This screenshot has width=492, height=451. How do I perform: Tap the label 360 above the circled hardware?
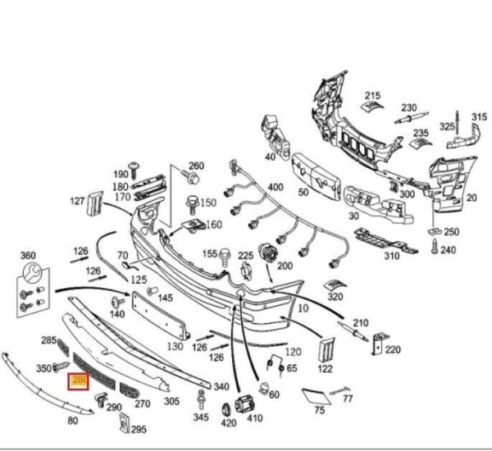pyautogui.click(x=28, y=255)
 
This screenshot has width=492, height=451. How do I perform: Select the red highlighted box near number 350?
pyautogui.click(x=80, y=381)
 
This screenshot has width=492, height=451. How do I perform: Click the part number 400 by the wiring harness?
pyautogui.click(x=275, y=188)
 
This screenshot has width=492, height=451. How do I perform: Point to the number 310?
pyautogui.click(x=391, y=255)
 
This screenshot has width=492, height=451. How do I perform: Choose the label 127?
pyautogui.click(x=99, y=201)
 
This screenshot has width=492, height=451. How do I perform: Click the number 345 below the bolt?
pyautogui.click(x=200, y=418)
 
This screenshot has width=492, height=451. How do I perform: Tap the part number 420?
pyautogui.click(x=228, y=424)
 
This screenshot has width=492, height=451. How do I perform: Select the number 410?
pyautogui.click(x=255, y=417)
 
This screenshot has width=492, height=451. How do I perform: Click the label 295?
pyautogui.click(x=139, y=429)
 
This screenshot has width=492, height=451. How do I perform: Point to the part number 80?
pyautogui.click(x=72, y=421)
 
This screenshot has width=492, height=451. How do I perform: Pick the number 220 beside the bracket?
pyautogui.click(x=394, y=350)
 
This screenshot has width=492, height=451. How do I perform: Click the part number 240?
pyautogui.click(x=448, y=249)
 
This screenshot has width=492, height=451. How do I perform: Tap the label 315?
pyautogui.click(x=478, y=117)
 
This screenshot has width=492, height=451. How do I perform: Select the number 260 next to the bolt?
pyautogui.click(x=197, y=166)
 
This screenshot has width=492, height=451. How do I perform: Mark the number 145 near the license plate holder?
pyautogui.click(x=165, y=298)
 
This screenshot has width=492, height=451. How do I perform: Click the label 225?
pyautogui.click(x=246, y=256)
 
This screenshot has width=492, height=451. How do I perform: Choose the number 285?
pyautogui.click(x=48, y=340)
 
